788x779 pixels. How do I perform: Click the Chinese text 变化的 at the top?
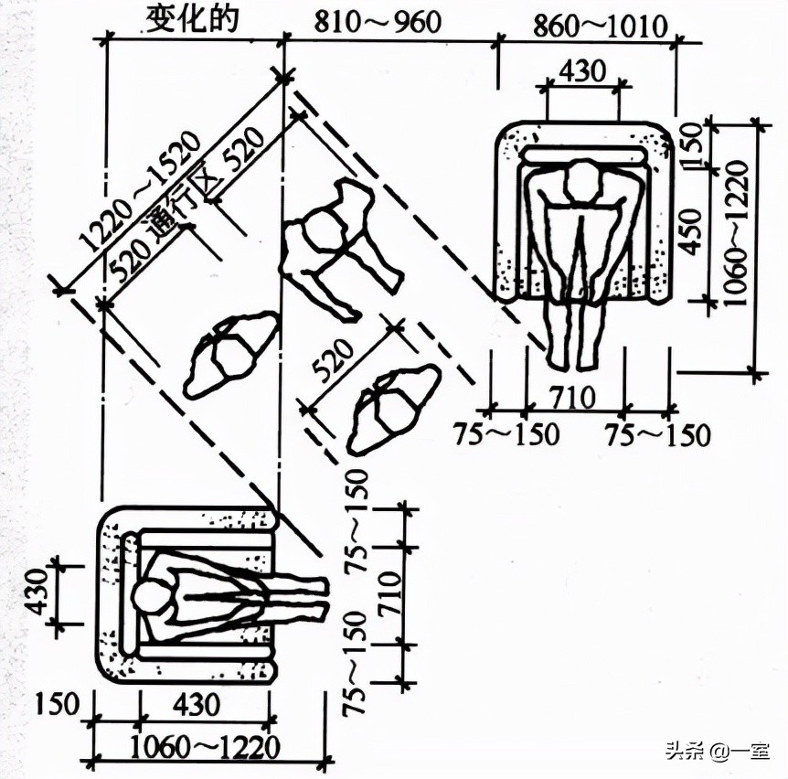pos(191,19)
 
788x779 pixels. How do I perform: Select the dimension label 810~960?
pos(378,22)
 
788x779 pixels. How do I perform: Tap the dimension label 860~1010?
pos(600,27)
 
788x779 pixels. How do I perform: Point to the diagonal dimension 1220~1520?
pos(141,190)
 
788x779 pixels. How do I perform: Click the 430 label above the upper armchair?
pos(583,71)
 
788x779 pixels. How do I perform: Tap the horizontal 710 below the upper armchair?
pos(572,397)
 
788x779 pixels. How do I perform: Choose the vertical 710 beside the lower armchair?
pos(390,593)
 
